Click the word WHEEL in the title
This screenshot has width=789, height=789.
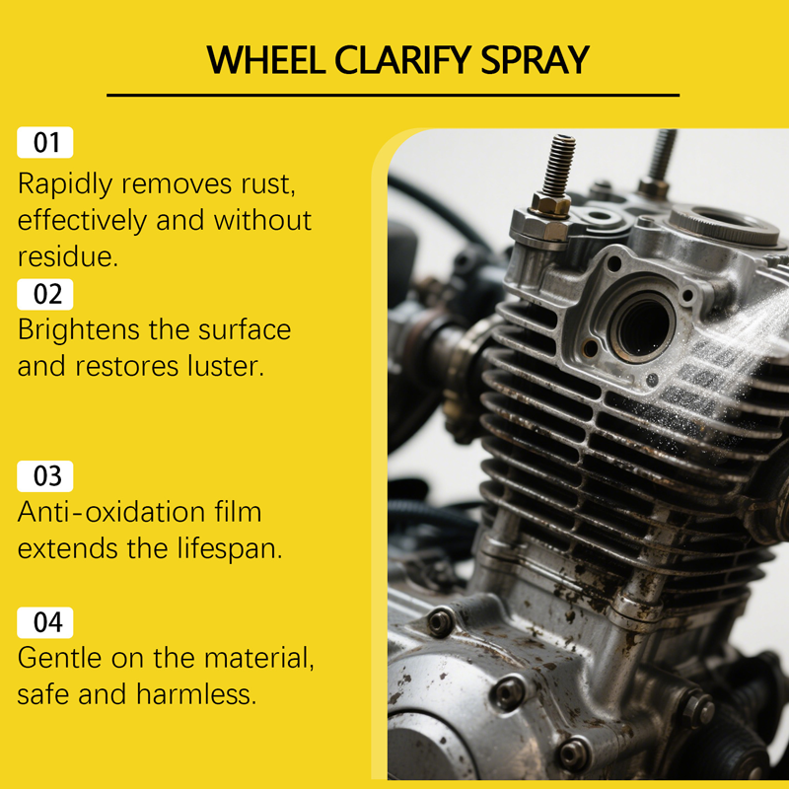coord(266,60)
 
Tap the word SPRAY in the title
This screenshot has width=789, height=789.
coord(535,60)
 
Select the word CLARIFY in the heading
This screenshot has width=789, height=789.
coord(403,60)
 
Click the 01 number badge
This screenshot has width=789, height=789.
coord(45,142)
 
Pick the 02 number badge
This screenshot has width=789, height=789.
coord(45,294)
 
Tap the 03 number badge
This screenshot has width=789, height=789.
coord(45,476)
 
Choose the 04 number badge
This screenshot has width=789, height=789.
coord(45,622)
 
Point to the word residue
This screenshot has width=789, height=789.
coord(68,256)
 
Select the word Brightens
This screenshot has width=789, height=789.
coord(79,330)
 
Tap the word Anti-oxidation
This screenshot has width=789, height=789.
coord(111,512)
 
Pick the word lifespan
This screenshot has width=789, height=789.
coord(230,548)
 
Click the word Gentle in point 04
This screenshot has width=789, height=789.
coord(59,658)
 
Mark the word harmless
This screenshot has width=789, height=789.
coord(196,694)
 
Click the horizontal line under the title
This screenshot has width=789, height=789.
coord(393,95)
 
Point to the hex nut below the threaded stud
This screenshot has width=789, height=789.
coord(551,204)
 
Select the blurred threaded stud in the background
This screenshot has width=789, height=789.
coord(662,156)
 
